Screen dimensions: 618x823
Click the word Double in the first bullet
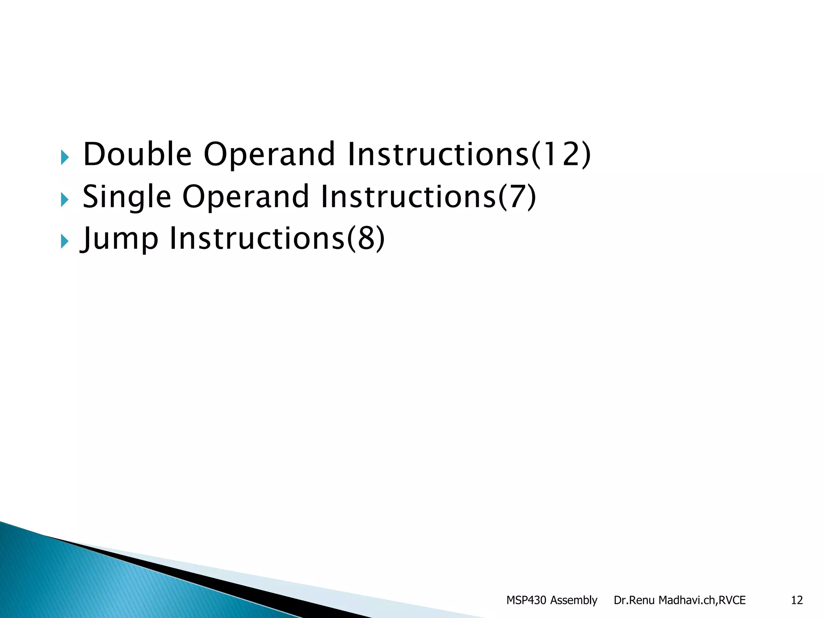pyautogui.click(x=137, y=154)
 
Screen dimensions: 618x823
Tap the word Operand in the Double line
pyautogui.click(x=269, y=155)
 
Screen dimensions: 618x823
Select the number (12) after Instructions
pyautogui.click(x=561, y=154)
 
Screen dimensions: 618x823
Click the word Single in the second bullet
pyautogui.click(x=127, y=197)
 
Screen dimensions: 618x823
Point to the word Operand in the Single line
pyautogui.click(x=246, y=198)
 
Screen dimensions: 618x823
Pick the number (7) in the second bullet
pyautogui.click(x=517, y=197)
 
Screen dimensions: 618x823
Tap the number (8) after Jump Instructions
pyautogui.click(x=366, y=239)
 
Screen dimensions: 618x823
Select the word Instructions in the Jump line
pyautogui.click(x=257, y=239)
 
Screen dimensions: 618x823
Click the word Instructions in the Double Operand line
pyautogui.click(x=438, y=154)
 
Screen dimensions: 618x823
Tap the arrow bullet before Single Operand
pyautogui.click(x=65, y=199)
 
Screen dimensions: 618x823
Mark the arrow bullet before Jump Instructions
pyautogui.click(x=65, y=241)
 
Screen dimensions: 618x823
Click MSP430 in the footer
pyautogui.click(x=526, y=600)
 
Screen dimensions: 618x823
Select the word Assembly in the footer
pyautogui.click(x=573, y=600)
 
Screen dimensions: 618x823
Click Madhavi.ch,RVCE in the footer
pyautogui.click(x=702, y=600)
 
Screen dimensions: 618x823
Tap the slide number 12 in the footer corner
pyautogui.click(x=796, y=600)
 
